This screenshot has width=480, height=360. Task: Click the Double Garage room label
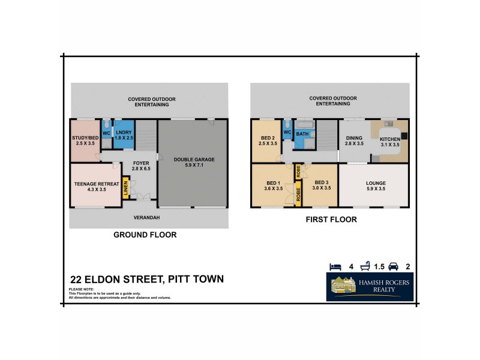click(x=194, y=162)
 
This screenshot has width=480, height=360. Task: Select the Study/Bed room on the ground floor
click(x=84, y=140)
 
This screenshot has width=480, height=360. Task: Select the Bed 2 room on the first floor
click(x=267, y=140)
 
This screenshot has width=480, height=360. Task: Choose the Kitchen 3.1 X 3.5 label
click(x=389, y=142)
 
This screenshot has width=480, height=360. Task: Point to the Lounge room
click(x=376, y=186)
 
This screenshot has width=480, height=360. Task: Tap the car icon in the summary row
click(x=394, y=266)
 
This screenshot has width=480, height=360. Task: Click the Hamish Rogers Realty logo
click(x=370, y=287)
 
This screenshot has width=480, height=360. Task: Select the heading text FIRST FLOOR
click(x=331, y=220)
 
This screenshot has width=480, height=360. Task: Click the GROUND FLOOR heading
click(x=145, y=235)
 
